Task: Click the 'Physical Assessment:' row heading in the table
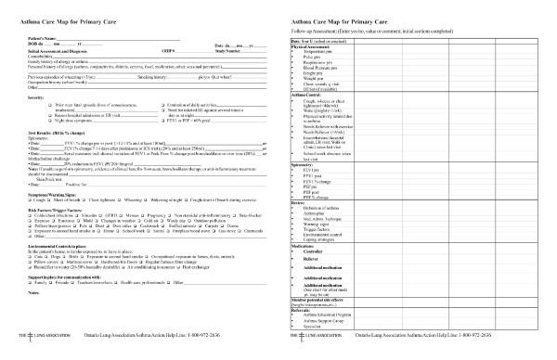point(314,45)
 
